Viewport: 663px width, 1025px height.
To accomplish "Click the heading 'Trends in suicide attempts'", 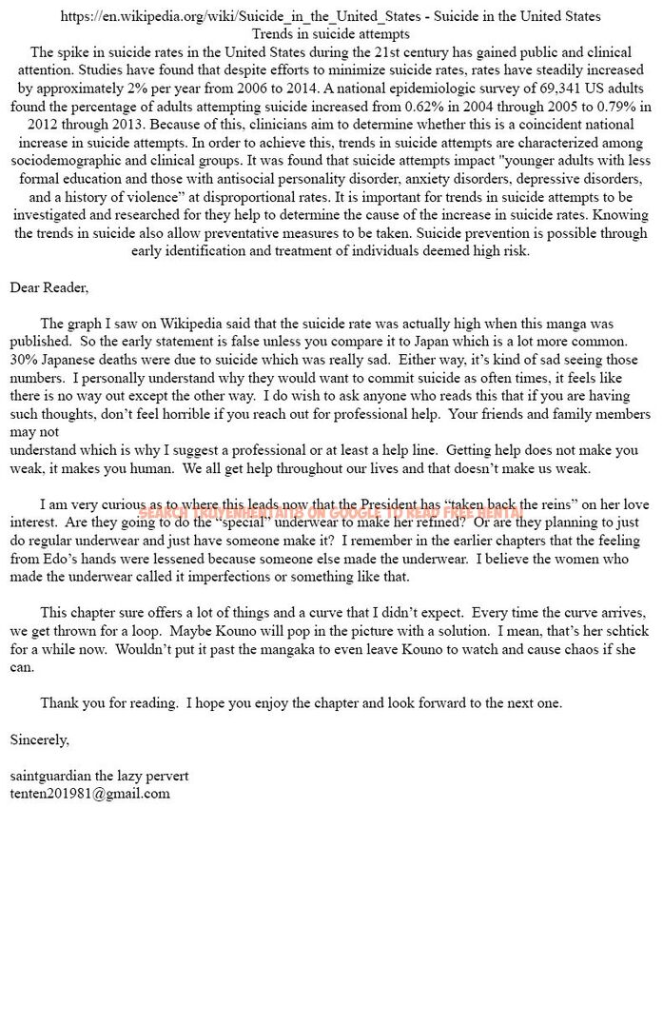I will point(330,33).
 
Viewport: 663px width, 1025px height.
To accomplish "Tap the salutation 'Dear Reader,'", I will point(49,287).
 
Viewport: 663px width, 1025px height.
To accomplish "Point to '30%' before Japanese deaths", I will point(24,360).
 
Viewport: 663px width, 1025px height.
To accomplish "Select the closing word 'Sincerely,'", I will point(40,739).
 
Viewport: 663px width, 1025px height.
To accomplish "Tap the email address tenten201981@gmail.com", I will point(90,794).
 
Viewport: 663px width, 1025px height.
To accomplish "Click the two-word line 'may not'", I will point(34,432).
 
